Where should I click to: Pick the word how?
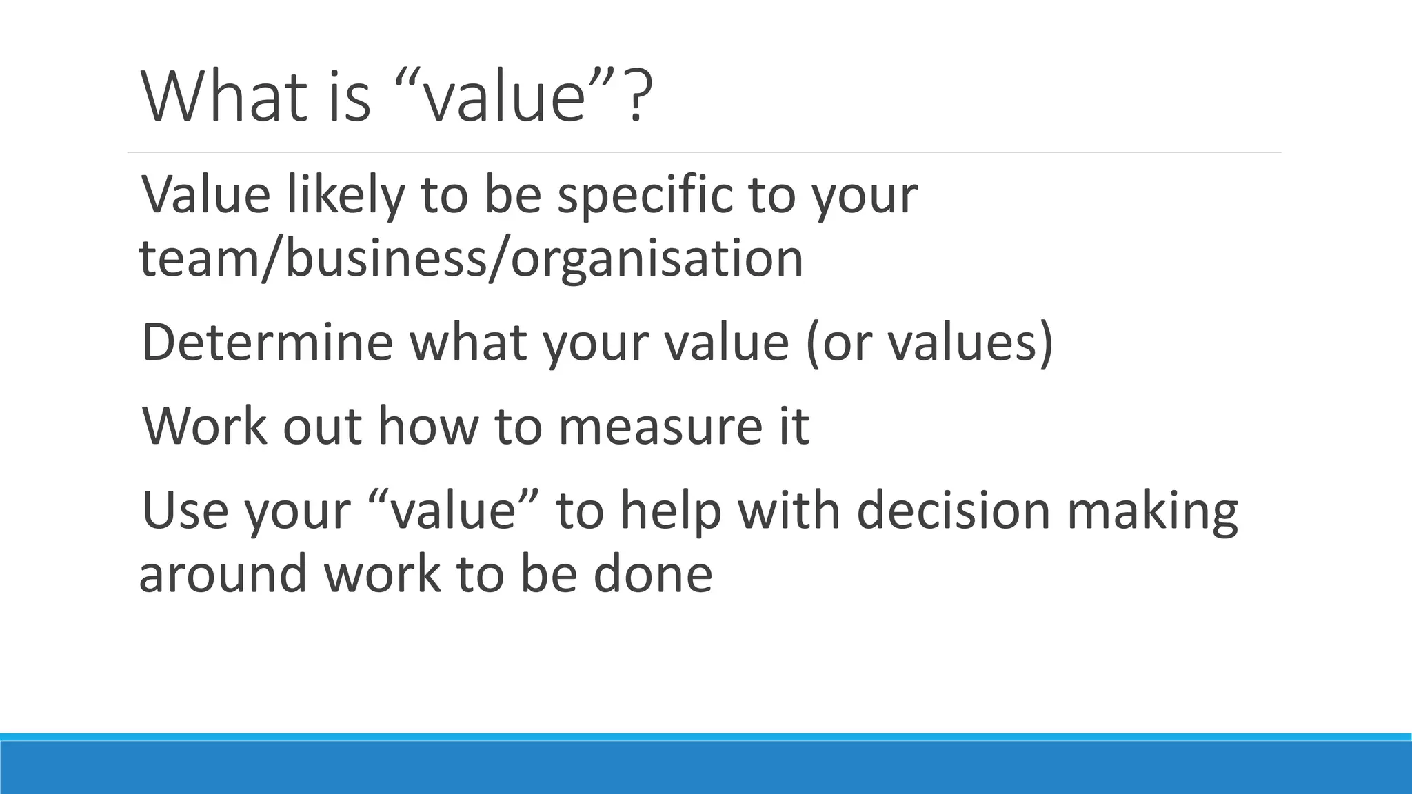pyautogui.click(x=427, y=427)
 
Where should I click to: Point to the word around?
pyautogui.click(x=223, y=574)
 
